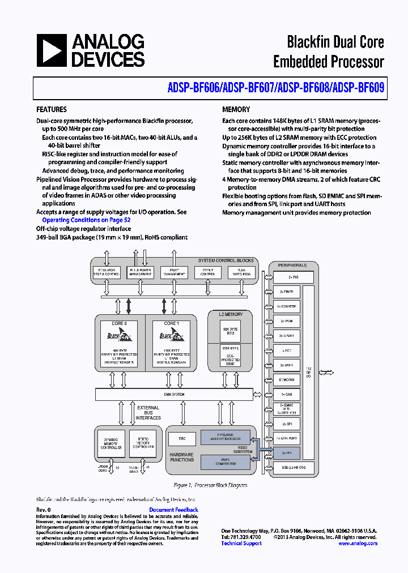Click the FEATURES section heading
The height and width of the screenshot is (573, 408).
click(52, 110)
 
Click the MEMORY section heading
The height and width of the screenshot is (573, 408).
click(236, 110)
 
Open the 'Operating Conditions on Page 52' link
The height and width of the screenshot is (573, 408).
click(87, 220)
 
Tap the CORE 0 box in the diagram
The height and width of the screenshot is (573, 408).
click(119, 343)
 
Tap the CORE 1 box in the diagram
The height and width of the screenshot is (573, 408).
click(169, 343)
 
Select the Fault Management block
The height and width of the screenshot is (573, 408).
click(174, 273)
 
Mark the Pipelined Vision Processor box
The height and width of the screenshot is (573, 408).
click(226, 438)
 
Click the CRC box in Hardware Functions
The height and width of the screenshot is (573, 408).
click(182, 438)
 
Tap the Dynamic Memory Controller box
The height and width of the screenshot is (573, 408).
click(110, 443)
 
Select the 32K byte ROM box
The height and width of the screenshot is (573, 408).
click(230, 331)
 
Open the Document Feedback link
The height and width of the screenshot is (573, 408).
click(173, 510)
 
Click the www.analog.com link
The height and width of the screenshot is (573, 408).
click(358, 544)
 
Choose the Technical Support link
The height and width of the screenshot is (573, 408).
click(241, 544)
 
